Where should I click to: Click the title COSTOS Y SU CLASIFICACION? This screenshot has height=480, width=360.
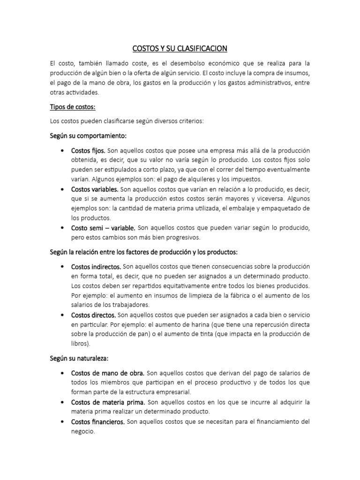(180, 48)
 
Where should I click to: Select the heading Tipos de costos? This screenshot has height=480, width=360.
(73, 107)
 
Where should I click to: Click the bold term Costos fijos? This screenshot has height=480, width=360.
(89, 150)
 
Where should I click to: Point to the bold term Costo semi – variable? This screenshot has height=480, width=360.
(103, 228)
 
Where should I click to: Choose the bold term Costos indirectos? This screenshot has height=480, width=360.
(96, 266)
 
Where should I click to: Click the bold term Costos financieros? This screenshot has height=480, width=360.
(97, 421)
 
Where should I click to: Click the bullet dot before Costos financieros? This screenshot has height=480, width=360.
(62, 421)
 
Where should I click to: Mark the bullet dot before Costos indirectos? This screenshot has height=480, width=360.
(62, 266)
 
